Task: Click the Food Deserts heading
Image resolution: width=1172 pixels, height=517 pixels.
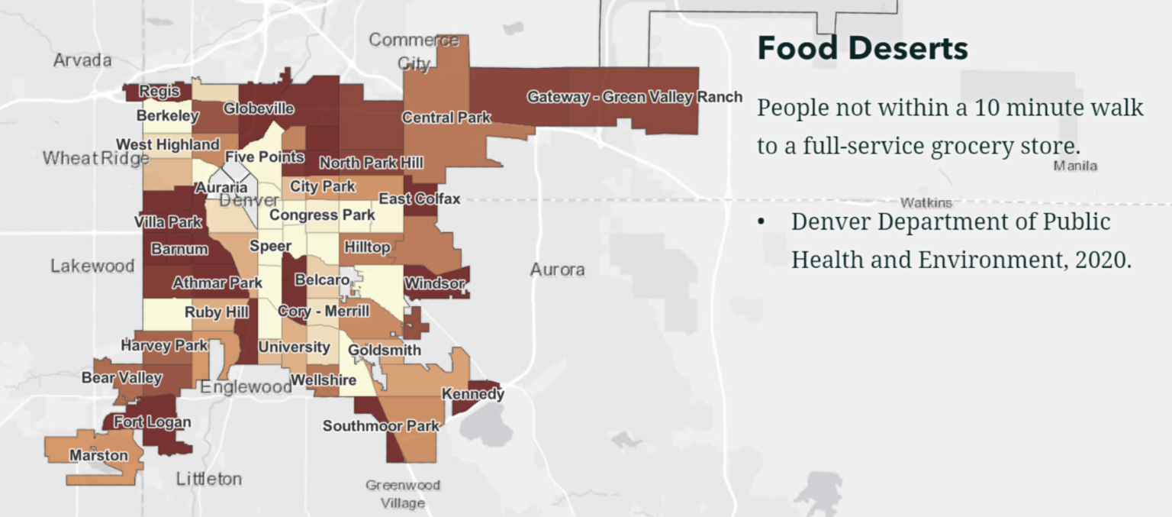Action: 862,48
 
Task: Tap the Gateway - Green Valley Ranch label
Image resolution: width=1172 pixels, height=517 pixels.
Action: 634,97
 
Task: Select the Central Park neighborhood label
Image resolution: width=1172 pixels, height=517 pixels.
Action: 446,118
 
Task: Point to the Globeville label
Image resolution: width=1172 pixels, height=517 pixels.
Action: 259,108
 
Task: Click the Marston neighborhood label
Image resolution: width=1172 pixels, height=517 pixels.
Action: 98,455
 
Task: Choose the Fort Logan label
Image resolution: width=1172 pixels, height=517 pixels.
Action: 152,422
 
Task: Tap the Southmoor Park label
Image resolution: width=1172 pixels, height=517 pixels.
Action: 381,425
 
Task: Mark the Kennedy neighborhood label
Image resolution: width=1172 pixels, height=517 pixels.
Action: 473,394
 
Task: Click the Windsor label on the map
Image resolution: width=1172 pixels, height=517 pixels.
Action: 434,284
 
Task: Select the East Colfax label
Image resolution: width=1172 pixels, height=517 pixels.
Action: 420,199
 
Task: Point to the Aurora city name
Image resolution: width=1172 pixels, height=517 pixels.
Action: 557,270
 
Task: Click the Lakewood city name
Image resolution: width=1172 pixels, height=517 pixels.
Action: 92,266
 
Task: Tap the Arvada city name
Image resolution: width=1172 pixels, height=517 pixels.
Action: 82,60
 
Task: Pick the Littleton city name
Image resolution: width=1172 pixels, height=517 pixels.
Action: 208,479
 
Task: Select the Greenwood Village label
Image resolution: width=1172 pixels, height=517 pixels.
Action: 403,494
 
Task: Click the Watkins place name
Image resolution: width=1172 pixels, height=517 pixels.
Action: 926,202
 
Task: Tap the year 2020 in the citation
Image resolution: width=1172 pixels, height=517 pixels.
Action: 1101,260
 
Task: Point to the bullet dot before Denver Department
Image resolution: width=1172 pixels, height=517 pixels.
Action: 761,222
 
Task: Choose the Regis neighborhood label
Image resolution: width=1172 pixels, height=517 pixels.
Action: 159,92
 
